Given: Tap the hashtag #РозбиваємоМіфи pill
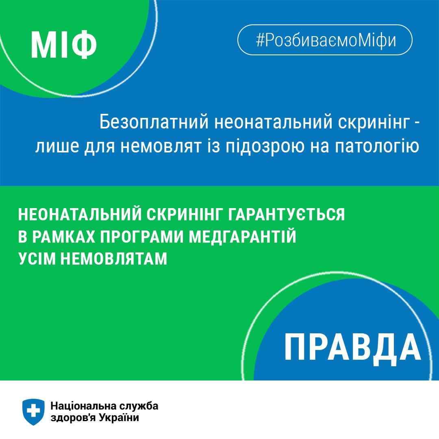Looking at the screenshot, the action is click(325, 40).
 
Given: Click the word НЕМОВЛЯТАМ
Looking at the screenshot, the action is click(114, 259).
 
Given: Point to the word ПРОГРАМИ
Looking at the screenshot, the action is click(141, 237).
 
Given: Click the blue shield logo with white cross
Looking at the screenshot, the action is click(33, 412).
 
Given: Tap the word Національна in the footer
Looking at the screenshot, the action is click(83, 406).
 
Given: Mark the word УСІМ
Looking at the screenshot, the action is click(37, 259).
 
